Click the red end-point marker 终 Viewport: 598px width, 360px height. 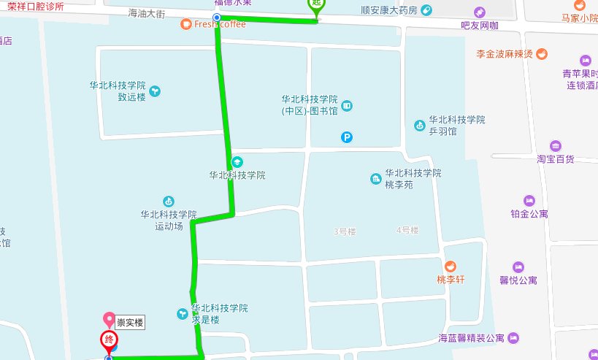coord(110,340)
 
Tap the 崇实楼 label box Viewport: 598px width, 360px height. coord(131,322)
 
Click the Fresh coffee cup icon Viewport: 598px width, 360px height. coord(186,24)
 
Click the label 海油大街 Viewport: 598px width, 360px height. coord(147,13)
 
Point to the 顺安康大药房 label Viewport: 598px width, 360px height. coord(389,10)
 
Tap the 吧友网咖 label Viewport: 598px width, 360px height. coord(480,26)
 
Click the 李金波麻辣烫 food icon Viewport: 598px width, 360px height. coord(541,53)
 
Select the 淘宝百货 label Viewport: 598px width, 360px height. coord(556,158)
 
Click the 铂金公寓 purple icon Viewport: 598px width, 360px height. coord(529,200)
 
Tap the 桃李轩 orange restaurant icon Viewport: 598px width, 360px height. coord(451,267)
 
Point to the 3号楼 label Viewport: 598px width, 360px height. coord(345,231)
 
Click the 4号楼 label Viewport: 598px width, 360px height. coord(407,231)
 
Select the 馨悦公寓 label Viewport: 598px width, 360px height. coord(518,280)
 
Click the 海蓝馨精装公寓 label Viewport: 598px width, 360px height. coord(471,338)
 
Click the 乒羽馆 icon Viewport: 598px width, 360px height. coord(420,126)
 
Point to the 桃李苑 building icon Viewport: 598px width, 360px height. coord(376,179)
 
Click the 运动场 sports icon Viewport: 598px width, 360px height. coord(169,201)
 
